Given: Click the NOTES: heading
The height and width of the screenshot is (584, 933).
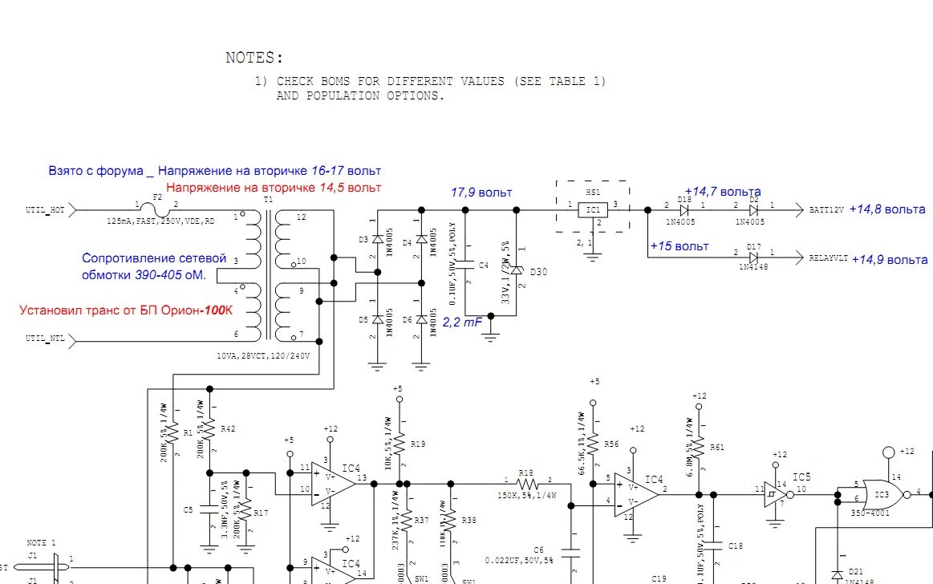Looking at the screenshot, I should pyautogui.click(x=254, y=58).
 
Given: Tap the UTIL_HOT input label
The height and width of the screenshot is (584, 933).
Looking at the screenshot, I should pyautogui.click(x=46, y=210).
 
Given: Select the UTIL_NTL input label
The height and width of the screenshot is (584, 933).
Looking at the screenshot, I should pyautogui.click(x=46, y=339).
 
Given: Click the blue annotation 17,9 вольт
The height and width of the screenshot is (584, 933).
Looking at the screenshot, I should pyautogui.click(x=481, y=193).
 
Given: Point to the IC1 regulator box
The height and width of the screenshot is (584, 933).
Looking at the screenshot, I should pyautogui.click(x=592, y=210).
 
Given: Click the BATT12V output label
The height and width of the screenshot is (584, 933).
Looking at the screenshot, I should pyautogui.click(x=826, y=209).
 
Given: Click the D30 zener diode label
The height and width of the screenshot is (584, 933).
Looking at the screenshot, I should pyautogui.click(x=538, y=272).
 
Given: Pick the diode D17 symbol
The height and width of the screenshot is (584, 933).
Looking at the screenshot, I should pyautogui.click(x=753, y=258).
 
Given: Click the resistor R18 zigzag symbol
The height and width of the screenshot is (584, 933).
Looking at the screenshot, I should pyautogui.click(x=527, y=485).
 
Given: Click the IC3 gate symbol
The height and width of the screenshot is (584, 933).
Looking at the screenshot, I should pyautogui.click(x=881, y=492).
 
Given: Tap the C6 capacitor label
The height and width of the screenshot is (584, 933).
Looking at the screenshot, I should pyautogui.click(x=538, y=550).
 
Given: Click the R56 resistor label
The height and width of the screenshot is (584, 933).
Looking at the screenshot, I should pyautogui.click(x=611, y=444).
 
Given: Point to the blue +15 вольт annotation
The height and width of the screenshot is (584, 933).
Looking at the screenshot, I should pyautogui.click(x=679, y=246).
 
